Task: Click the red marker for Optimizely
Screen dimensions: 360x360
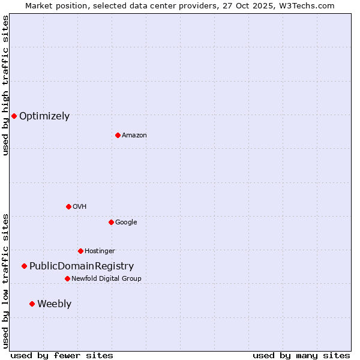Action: (14, 116)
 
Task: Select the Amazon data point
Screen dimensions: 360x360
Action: (118, 135)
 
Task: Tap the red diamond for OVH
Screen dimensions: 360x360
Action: (68, 206)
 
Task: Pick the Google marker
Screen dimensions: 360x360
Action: (111, 222)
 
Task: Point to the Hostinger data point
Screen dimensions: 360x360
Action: (80, 251)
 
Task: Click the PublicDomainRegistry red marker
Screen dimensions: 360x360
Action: (24, 266)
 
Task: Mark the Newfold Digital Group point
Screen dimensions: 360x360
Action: (67, 278)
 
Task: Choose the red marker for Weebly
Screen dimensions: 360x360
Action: (32, 304)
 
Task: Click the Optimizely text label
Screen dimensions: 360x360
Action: (44, 116)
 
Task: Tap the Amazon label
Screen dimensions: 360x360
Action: (134, 136)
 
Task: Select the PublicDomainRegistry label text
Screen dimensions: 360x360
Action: (82, 266)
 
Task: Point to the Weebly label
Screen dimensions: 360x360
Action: (54, 304)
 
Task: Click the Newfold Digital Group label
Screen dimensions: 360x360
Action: (106, 278)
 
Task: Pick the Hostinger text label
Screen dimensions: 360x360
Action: (100, 251)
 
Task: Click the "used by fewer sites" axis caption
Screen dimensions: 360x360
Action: (62, 355)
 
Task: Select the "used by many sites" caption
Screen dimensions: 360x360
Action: (301, 355)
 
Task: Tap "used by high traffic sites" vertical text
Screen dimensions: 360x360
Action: (5, 85)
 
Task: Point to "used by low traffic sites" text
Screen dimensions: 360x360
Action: (5, 280)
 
